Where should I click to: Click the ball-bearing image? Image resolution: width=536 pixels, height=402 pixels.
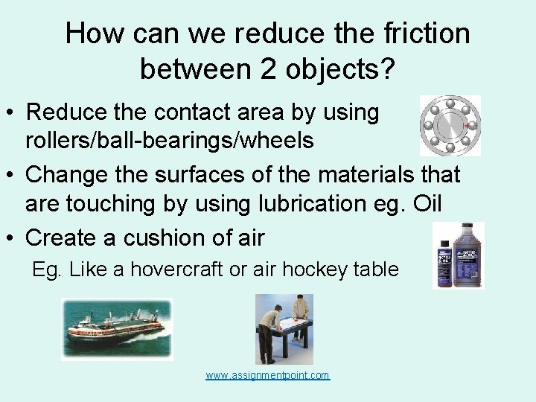click(x=450, y=125)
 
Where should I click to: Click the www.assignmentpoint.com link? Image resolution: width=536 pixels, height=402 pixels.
click(x=267, y=375)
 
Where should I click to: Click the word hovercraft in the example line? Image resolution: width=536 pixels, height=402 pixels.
click(x=176, y=269)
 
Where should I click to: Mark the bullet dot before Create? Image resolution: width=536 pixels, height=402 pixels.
click(x=11, y=238)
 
